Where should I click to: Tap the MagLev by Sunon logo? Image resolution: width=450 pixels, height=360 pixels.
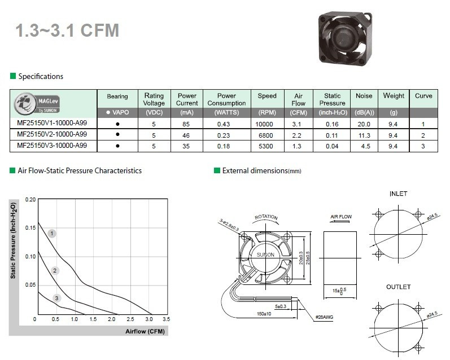point(37,104)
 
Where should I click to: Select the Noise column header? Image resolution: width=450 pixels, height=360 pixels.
point(364,96)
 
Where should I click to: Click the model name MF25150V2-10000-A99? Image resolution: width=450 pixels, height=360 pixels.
point(52,134)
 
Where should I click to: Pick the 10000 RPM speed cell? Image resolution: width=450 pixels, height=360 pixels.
point(264,124)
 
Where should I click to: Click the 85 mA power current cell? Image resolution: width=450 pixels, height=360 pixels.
point(186,124)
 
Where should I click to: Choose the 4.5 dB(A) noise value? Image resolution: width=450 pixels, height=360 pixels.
point(366,146)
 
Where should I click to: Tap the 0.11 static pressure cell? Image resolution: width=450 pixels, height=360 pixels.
point(332,135)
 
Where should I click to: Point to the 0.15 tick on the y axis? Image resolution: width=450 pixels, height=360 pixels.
point(30,228)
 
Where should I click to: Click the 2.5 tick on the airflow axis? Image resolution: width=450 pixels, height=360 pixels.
point(130,319)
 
